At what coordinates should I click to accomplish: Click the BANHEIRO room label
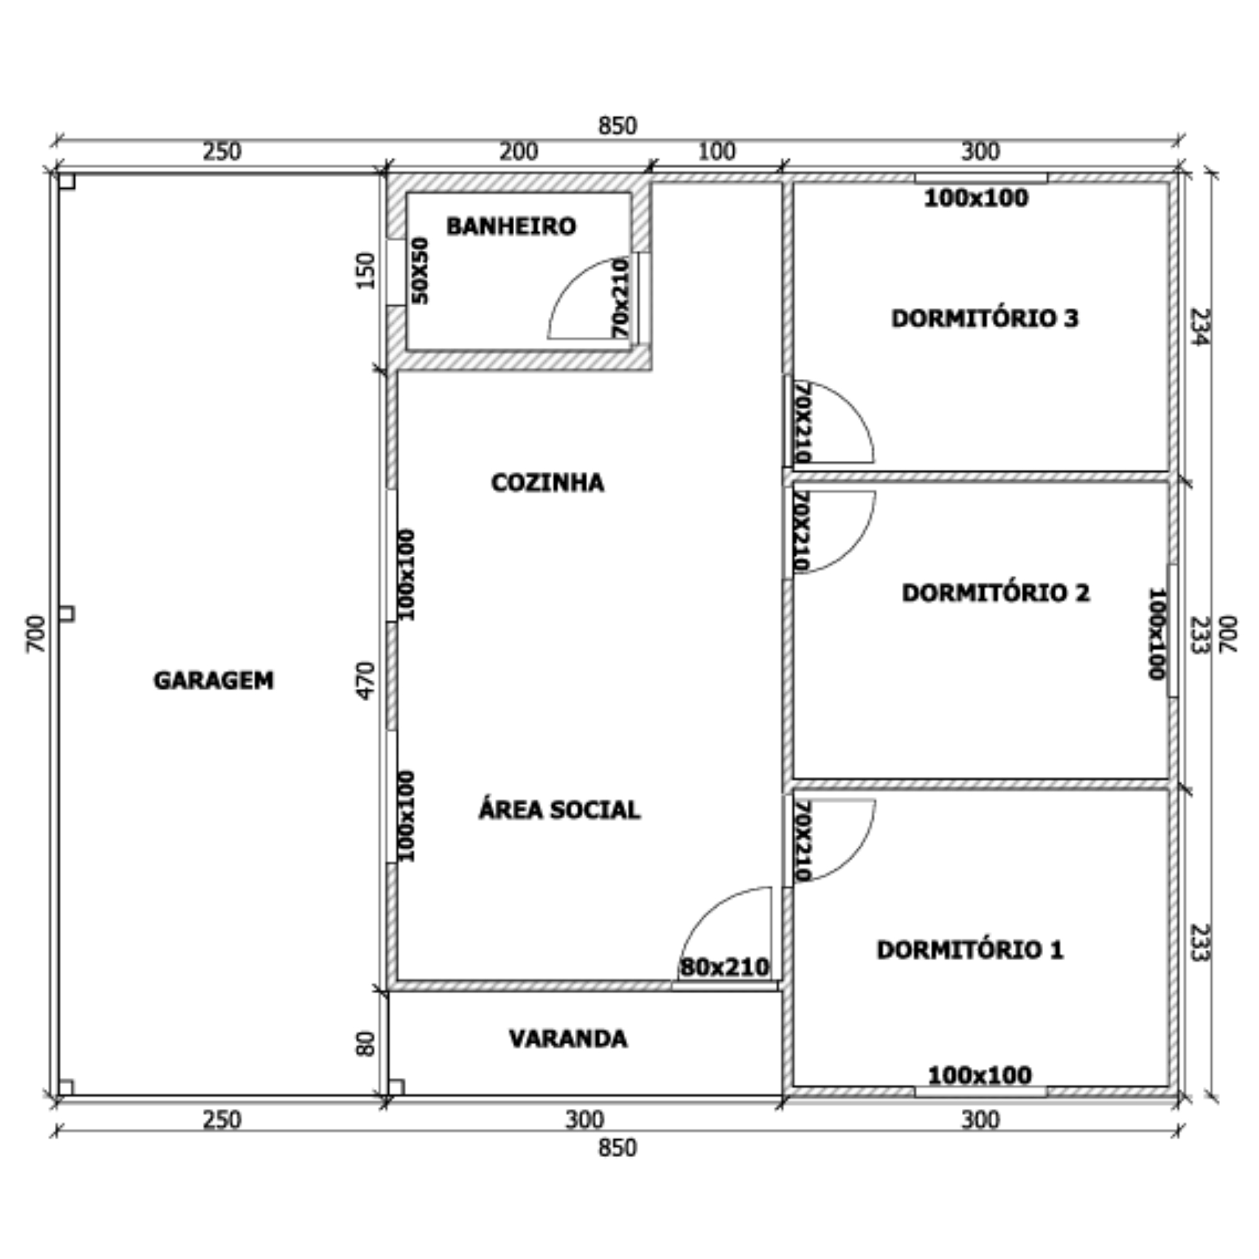[511, 226]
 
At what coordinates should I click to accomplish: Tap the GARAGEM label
[214, 680]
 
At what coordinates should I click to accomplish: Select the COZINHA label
[548, 483]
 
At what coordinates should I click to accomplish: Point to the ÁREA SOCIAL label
[559, 809]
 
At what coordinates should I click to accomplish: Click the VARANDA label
[568, 1038]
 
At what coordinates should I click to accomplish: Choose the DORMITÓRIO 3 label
[985, 318]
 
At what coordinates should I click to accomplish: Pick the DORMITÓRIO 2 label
[996, 592]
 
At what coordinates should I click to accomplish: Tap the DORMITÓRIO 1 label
[970, 949]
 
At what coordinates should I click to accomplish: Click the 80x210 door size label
[725, 967]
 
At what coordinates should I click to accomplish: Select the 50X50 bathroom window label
[421, 271]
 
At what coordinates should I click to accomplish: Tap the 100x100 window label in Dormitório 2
[1156, 633]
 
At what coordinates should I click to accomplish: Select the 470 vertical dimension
[367, 680]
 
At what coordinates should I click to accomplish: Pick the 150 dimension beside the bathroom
[367, 271]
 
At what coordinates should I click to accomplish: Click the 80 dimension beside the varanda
[367, 1042]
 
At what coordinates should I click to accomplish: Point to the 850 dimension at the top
[617, 125]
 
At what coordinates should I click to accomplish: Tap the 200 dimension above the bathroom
[519, 152]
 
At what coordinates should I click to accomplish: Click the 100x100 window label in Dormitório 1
[980, 1075]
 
